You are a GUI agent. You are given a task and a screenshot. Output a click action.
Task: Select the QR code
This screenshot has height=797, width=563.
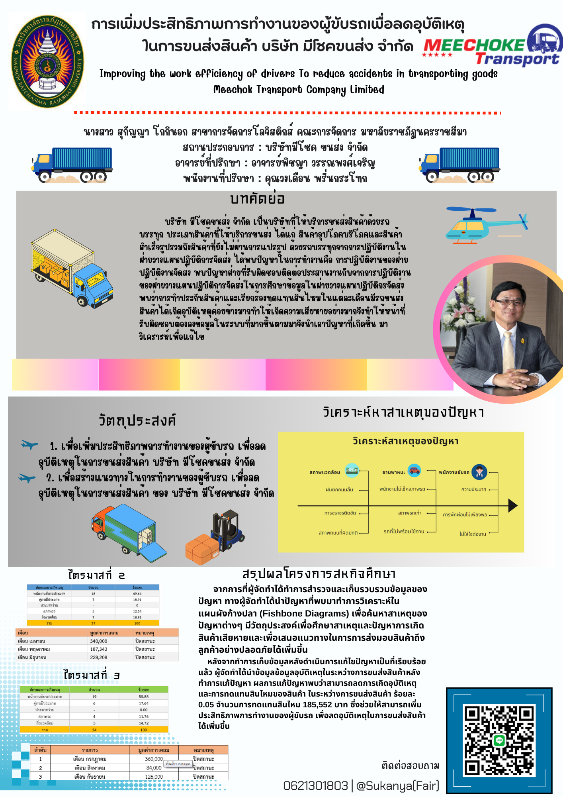[499, 741]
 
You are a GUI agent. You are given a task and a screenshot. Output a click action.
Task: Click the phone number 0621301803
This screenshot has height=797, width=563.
[315, 785]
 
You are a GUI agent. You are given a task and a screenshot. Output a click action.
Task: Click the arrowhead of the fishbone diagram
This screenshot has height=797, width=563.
[513, 506]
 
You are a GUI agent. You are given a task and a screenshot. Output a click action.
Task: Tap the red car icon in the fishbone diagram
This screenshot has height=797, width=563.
[414, 470]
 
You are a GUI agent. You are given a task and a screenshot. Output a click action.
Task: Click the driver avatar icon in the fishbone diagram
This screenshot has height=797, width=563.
[479, 472]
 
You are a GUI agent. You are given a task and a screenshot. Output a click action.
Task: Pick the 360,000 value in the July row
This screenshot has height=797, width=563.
[154, 759]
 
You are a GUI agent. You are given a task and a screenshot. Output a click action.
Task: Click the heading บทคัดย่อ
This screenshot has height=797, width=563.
[257, 198]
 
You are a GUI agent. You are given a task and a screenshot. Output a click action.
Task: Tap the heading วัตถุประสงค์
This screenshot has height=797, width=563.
[137, 420]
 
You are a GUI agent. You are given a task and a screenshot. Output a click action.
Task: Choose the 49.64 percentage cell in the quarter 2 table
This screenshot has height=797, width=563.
[137, 593]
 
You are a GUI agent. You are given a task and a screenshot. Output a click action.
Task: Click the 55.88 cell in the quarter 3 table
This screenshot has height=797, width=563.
[143, 697]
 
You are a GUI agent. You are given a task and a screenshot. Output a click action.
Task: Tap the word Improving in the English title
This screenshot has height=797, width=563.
[122, 74]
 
